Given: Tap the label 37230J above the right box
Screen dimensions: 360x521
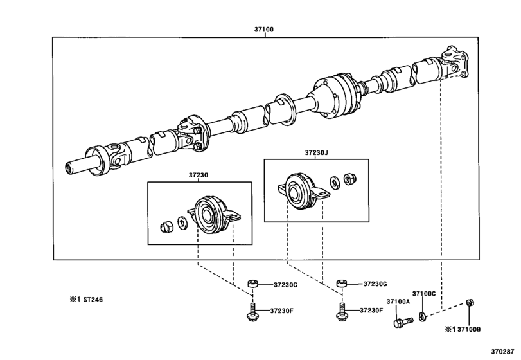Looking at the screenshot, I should tap(317, 153).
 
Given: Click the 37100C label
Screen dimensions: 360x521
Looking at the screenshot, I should tap(424, 293).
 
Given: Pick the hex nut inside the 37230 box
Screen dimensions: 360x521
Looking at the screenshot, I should tap(164, 226).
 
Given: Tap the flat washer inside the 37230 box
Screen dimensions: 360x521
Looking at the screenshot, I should tap(182, 222).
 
